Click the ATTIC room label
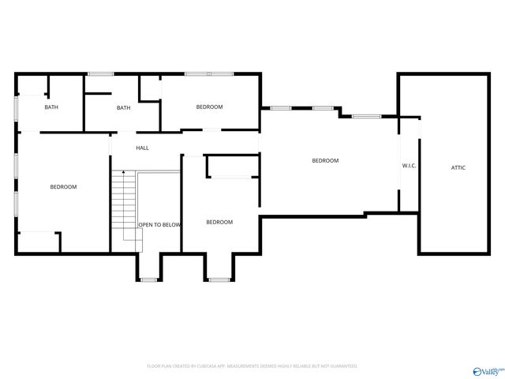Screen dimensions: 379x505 click(x=458, y=167)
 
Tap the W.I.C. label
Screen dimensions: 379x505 click(x=409, y=166)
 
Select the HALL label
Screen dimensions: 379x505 click(x=142, y=148)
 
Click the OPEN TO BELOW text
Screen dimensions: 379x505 click(x=160, y=225)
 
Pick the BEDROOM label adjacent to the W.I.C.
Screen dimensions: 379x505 click(x=324, y=160)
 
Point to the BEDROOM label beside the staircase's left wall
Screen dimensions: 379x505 click(x=63, y=186)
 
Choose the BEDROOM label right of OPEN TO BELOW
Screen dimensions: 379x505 click(x=219, y=222)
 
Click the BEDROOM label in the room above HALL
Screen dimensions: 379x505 click(x=209, y=107)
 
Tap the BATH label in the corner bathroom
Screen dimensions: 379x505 click(x=50, y=107)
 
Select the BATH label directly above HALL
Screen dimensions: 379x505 click(x=123, y=108)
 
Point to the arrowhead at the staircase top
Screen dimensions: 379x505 click(x=122, y=171)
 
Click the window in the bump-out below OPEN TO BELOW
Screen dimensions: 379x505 click(x=148, y=280)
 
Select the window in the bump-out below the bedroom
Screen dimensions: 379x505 click(x=219, y=280)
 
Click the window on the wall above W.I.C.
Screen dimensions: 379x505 click(x=365, y=117)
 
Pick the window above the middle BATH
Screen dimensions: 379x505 click(x=100, y=74)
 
